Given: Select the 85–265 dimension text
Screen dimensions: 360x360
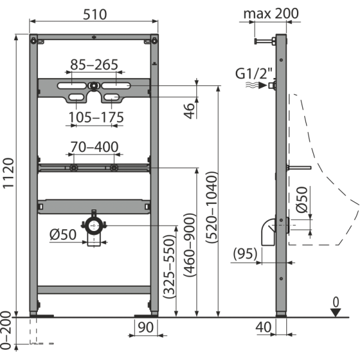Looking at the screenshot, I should click(94, 64).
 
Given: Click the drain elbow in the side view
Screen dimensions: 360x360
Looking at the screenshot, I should click(269, 229).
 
